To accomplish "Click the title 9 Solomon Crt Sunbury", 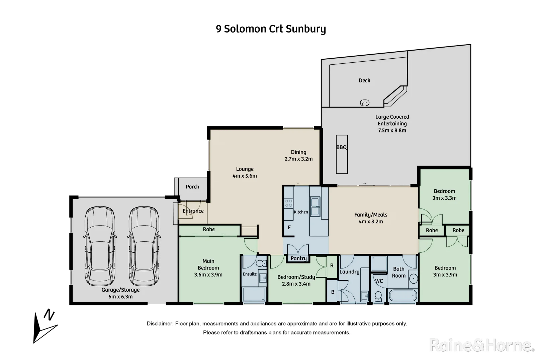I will click(271, 29).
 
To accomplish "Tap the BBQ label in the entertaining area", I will click(342, 147).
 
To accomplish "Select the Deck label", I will click(364, 80).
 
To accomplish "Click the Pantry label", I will click(298, 258).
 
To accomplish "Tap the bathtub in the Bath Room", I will click(403, 296).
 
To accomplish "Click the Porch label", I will click(192, 187).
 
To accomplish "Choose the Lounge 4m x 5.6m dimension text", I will click(245, 176).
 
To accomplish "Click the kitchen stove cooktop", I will click(288, 203).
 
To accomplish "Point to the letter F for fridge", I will click(289, 228).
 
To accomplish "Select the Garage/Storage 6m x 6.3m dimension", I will click(120, 297).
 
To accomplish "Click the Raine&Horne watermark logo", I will click(481, 346).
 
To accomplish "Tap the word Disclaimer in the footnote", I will click(160, 324).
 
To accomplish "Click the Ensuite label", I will click(250, 274).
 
